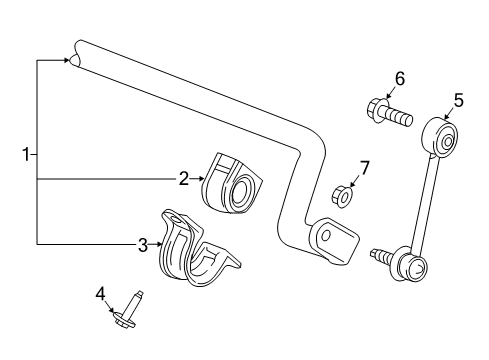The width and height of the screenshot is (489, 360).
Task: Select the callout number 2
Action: [x=184, y=179]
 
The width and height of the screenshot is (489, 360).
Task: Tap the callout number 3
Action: [x=143, y=244]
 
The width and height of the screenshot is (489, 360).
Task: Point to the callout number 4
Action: [x=100, y=293]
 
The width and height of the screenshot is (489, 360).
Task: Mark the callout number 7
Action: [x=364, y=168]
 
